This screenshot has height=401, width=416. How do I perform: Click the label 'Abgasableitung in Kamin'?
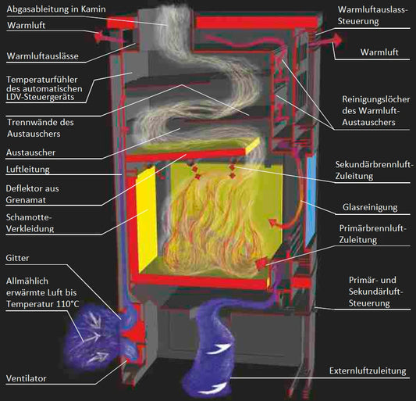[x=56, y=9]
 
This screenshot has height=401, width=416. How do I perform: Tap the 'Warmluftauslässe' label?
[x=42, y=56]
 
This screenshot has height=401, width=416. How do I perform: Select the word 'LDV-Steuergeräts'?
[x=40, y=97]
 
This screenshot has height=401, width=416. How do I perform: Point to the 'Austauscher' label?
[x=30, y=152]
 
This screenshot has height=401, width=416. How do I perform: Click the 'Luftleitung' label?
[x=28, y=170]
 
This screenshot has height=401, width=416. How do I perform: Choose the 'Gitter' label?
[x=17, y=258]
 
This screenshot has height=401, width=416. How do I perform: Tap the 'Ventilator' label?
[x=27, y=378]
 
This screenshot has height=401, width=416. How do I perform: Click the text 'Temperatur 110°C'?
[x=42, y=304]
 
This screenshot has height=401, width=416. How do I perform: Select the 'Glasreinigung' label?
[x=370, y=207]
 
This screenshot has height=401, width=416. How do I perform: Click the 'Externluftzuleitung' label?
[x=368, y=371]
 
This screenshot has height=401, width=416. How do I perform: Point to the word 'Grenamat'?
[x=26, y=200]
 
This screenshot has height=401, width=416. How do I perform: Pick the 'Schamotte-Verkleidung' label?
[x=30, y=223]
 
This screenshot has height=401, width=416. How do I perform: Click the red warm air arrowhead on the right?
[x=337, y=40]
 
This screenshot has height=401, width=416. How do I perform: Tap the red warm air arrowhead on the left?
[x=98, y=37]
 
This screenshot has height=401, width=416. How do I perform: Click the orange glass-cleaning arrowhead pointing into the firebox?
[x=272, y=223]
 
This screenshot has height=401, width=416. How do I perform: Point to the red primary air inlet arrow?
[x=261, y=264]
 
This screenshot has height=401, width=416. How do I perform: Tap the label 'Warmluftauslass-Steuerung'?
[x=372, y=16]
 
